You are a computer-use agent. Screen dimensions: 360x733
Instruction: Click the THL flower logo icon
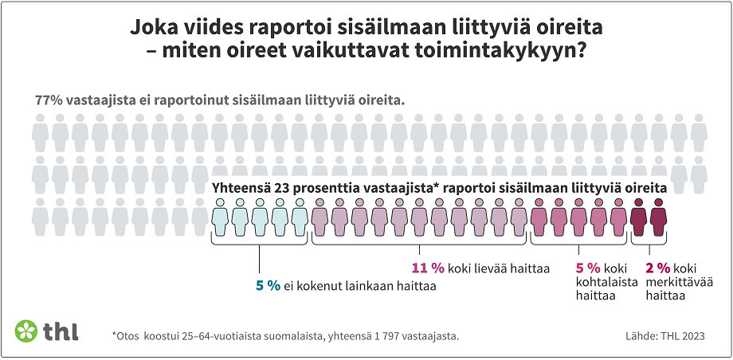27,331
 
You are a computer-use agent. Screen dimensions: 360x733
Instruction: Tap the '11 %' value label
426,268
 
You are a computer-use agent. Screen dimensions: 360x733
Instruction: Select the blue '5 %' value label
268,286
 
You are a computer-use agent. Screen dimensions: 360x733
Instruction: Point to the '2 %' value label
658,268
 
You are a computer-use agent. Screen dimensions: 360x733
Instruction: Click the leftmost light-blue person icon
221,217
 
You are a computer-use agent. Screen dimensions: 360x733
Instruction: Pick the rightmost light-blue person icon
300,217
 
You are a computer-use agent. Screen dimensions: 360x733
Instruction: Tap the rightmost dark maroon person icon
658,217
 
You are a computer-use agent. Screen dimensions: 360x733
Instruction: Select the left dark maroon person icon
638,217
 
